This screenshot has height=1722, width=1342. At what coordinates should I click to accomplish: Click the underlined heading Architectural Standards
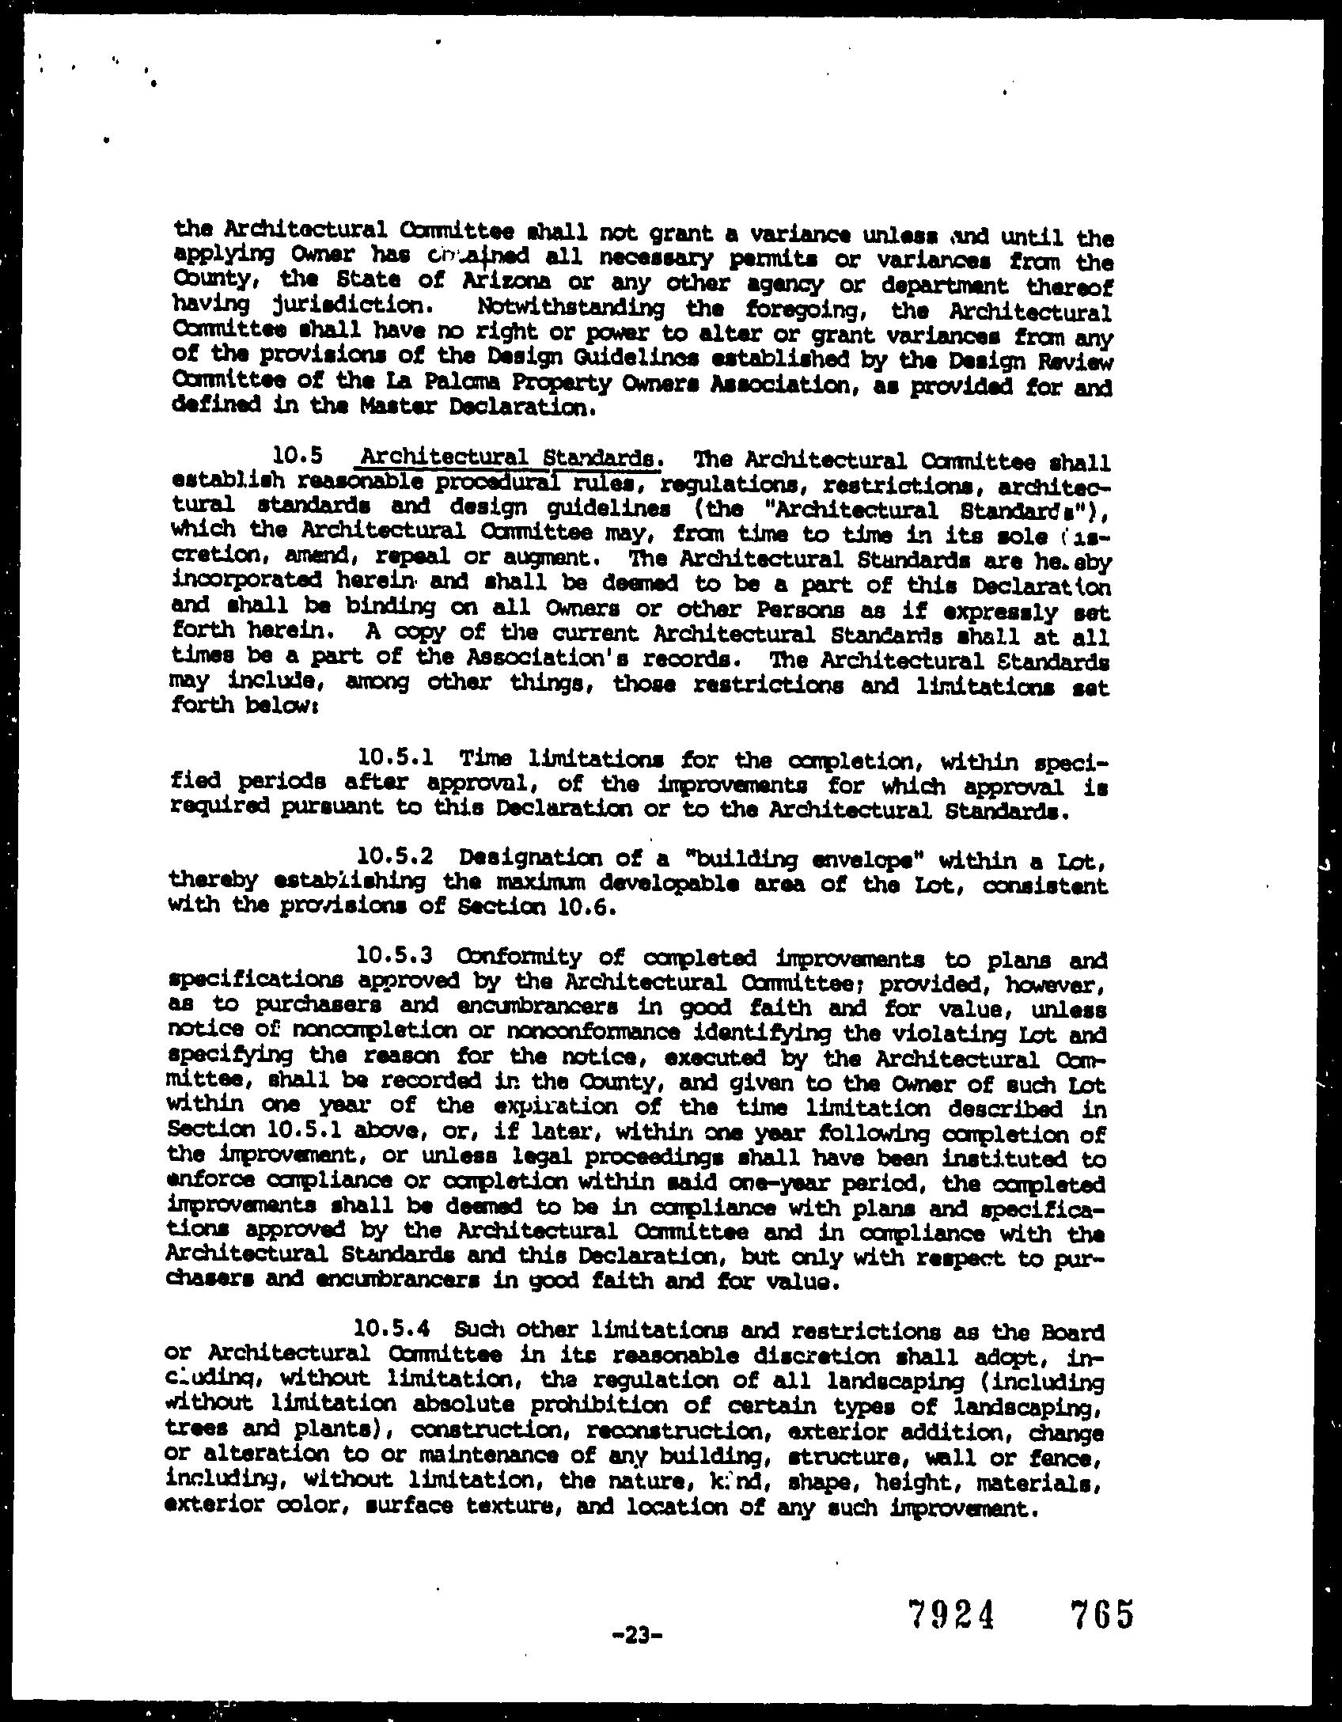point(508,459)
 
